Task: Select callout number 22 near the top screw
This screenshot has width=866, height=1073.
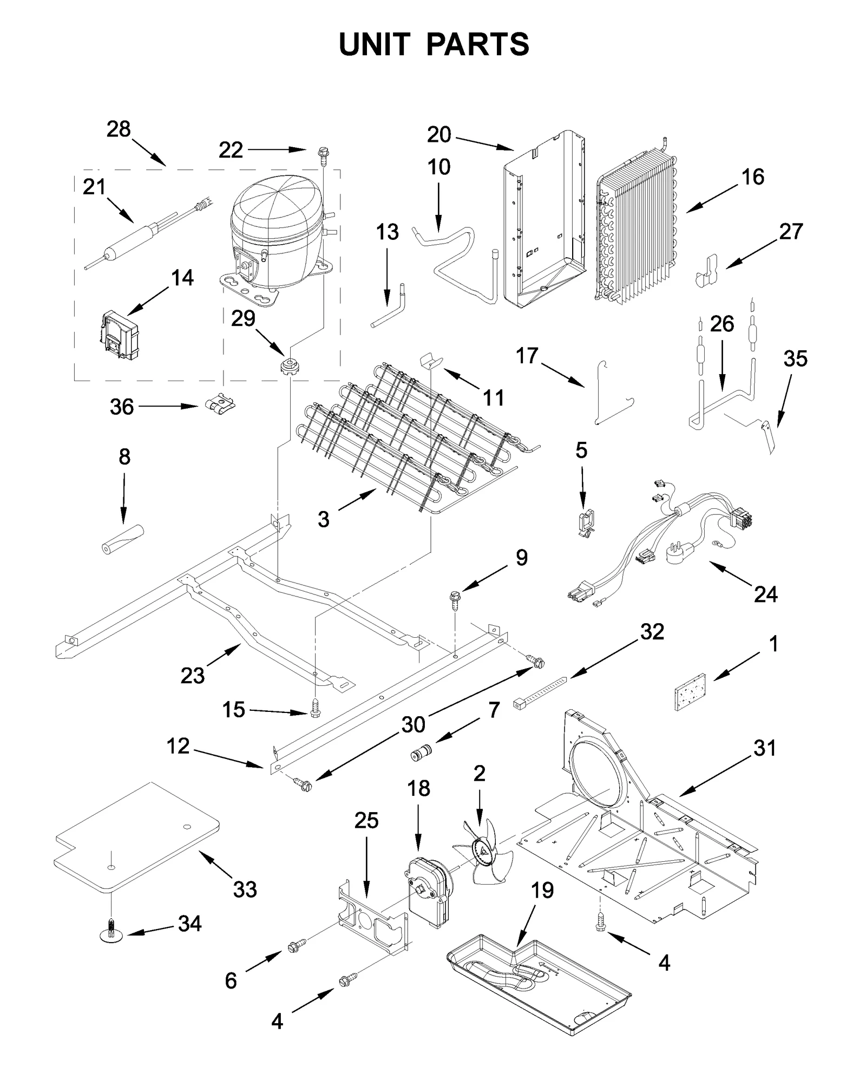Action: pos(231,150)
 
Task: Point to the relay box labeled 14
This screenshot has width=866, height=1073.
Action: pos(120,335)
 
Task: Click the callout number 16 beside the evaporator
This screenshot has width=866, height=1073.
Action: pos(752,176)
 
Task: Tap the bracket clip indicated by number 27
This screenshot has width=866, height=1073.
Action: pos(706,270)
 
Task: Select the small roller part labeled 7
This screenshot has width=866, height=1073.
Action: pos(420,753)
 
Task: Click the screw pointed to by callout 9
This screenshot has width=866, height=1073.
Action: pos(454,600)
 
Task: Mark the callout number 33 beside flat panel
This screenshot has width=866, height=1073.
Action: pos(245,889)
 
